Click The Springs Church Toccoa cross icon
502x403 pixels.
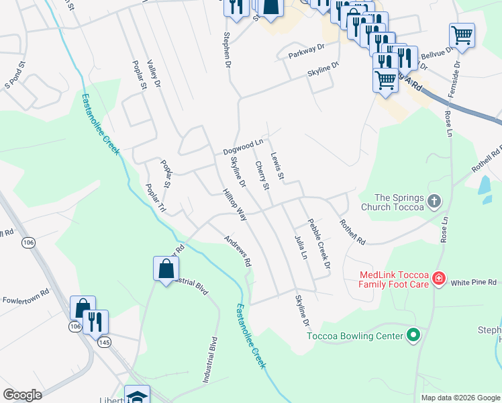(x=434, y=201)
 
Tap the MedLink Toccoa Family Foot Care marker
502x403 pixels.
(x=438, y=277)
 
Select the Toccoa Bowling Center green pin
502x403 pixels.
(x=413, y=335)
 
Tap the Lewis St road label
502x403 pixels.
(x=278, y=167)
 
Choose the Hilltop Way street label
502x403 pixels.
(x=235, y=205)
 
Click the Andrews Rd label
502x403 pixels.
(x=238, y=252)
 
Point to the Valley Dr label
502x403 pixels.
(x=154, y=73)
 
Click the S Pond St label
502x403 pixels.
(x=15, y=75)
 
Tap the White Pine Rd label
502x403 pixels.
(x=473, y=282)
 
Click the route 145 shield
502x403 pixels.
(x=104, y=343)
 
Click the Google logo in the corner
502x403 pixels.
(x=22, y=395)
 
